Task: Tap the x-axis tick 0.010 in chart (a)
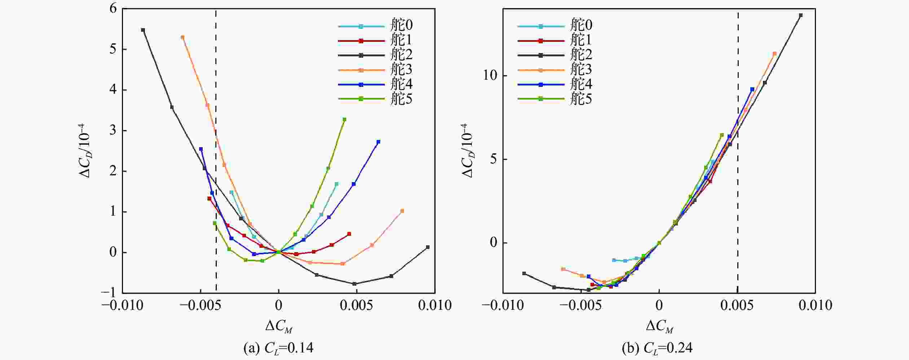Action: (x=435, y=306)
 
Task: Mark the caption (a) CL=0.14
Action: (x=278, y=348)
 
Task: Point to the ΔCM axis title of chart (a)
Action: (x=278, y=326)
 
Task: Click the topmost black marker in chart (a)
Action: (x=143, y=30)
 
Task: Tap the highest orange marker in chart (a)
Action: (x=183, y=37)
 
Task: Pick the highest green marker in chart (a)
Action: (x=344, y=119)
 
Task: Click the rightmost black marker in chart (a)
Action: (x=428, y=247)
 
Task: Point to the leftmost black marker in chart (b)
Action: (x=524, y=273)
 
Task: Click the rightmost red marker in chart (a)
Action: (x=349, y=234)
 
